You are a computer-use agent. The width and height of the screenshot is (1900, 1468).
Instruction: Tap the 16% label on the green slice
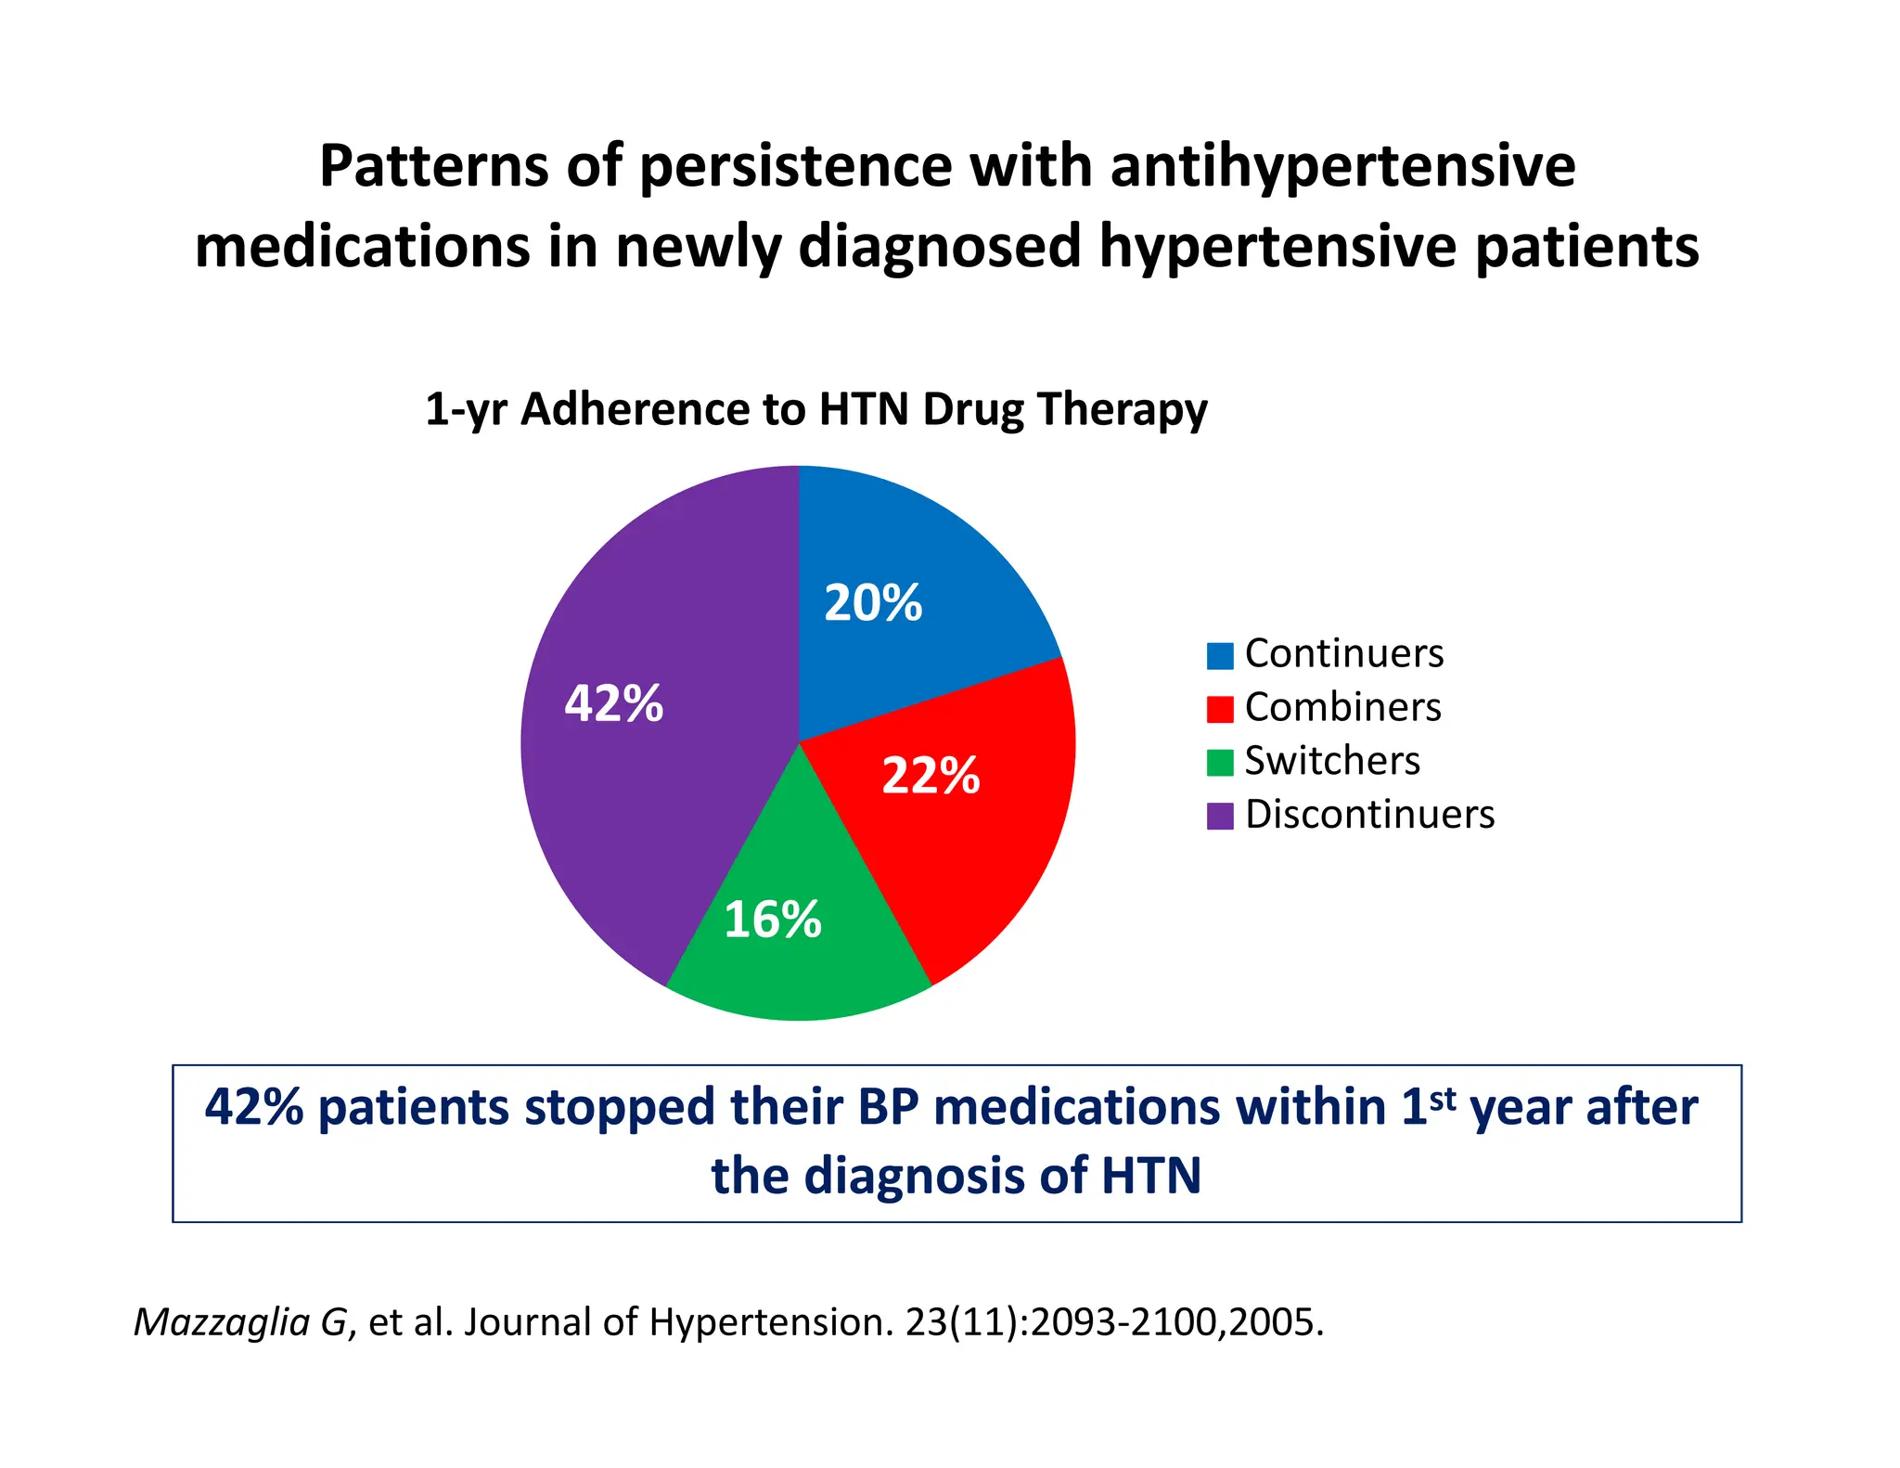point(772,920)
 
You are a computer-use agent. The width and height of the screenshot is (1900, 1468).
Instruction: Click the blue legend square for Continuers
point(1219,655)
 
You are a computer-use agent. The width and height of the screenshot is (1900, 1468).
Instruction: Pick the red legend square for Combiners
point(1219,709)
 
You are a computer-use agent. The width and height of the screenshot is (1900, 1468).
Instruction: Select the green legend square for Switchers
point(1219,762)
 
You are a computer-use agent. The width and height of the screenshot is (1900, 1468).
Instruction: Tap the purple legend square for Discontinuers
point(1219,816)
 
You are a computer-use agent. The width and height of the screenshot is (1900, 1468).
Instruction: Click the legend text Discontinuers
point(1369,815)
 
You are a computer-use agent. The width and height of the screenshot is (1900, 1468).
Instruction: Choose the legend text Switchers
point(1331,761)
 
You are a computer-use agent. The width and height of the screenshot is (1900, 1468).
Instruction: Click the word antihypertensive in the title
point(1342,167)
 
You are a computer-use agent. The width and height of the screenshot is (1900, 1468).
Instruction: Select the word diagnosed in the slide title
point(939,248)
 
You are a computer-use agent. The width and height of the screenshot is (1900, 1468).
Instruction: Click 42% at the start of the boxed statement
point(253,1107)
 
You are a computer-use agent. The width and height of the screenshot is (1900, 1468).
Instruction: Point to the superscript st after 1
point(1443,1099)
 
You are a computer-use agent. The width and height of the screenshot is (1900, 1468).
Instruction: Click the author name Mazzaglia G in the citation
point(241,1321)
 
